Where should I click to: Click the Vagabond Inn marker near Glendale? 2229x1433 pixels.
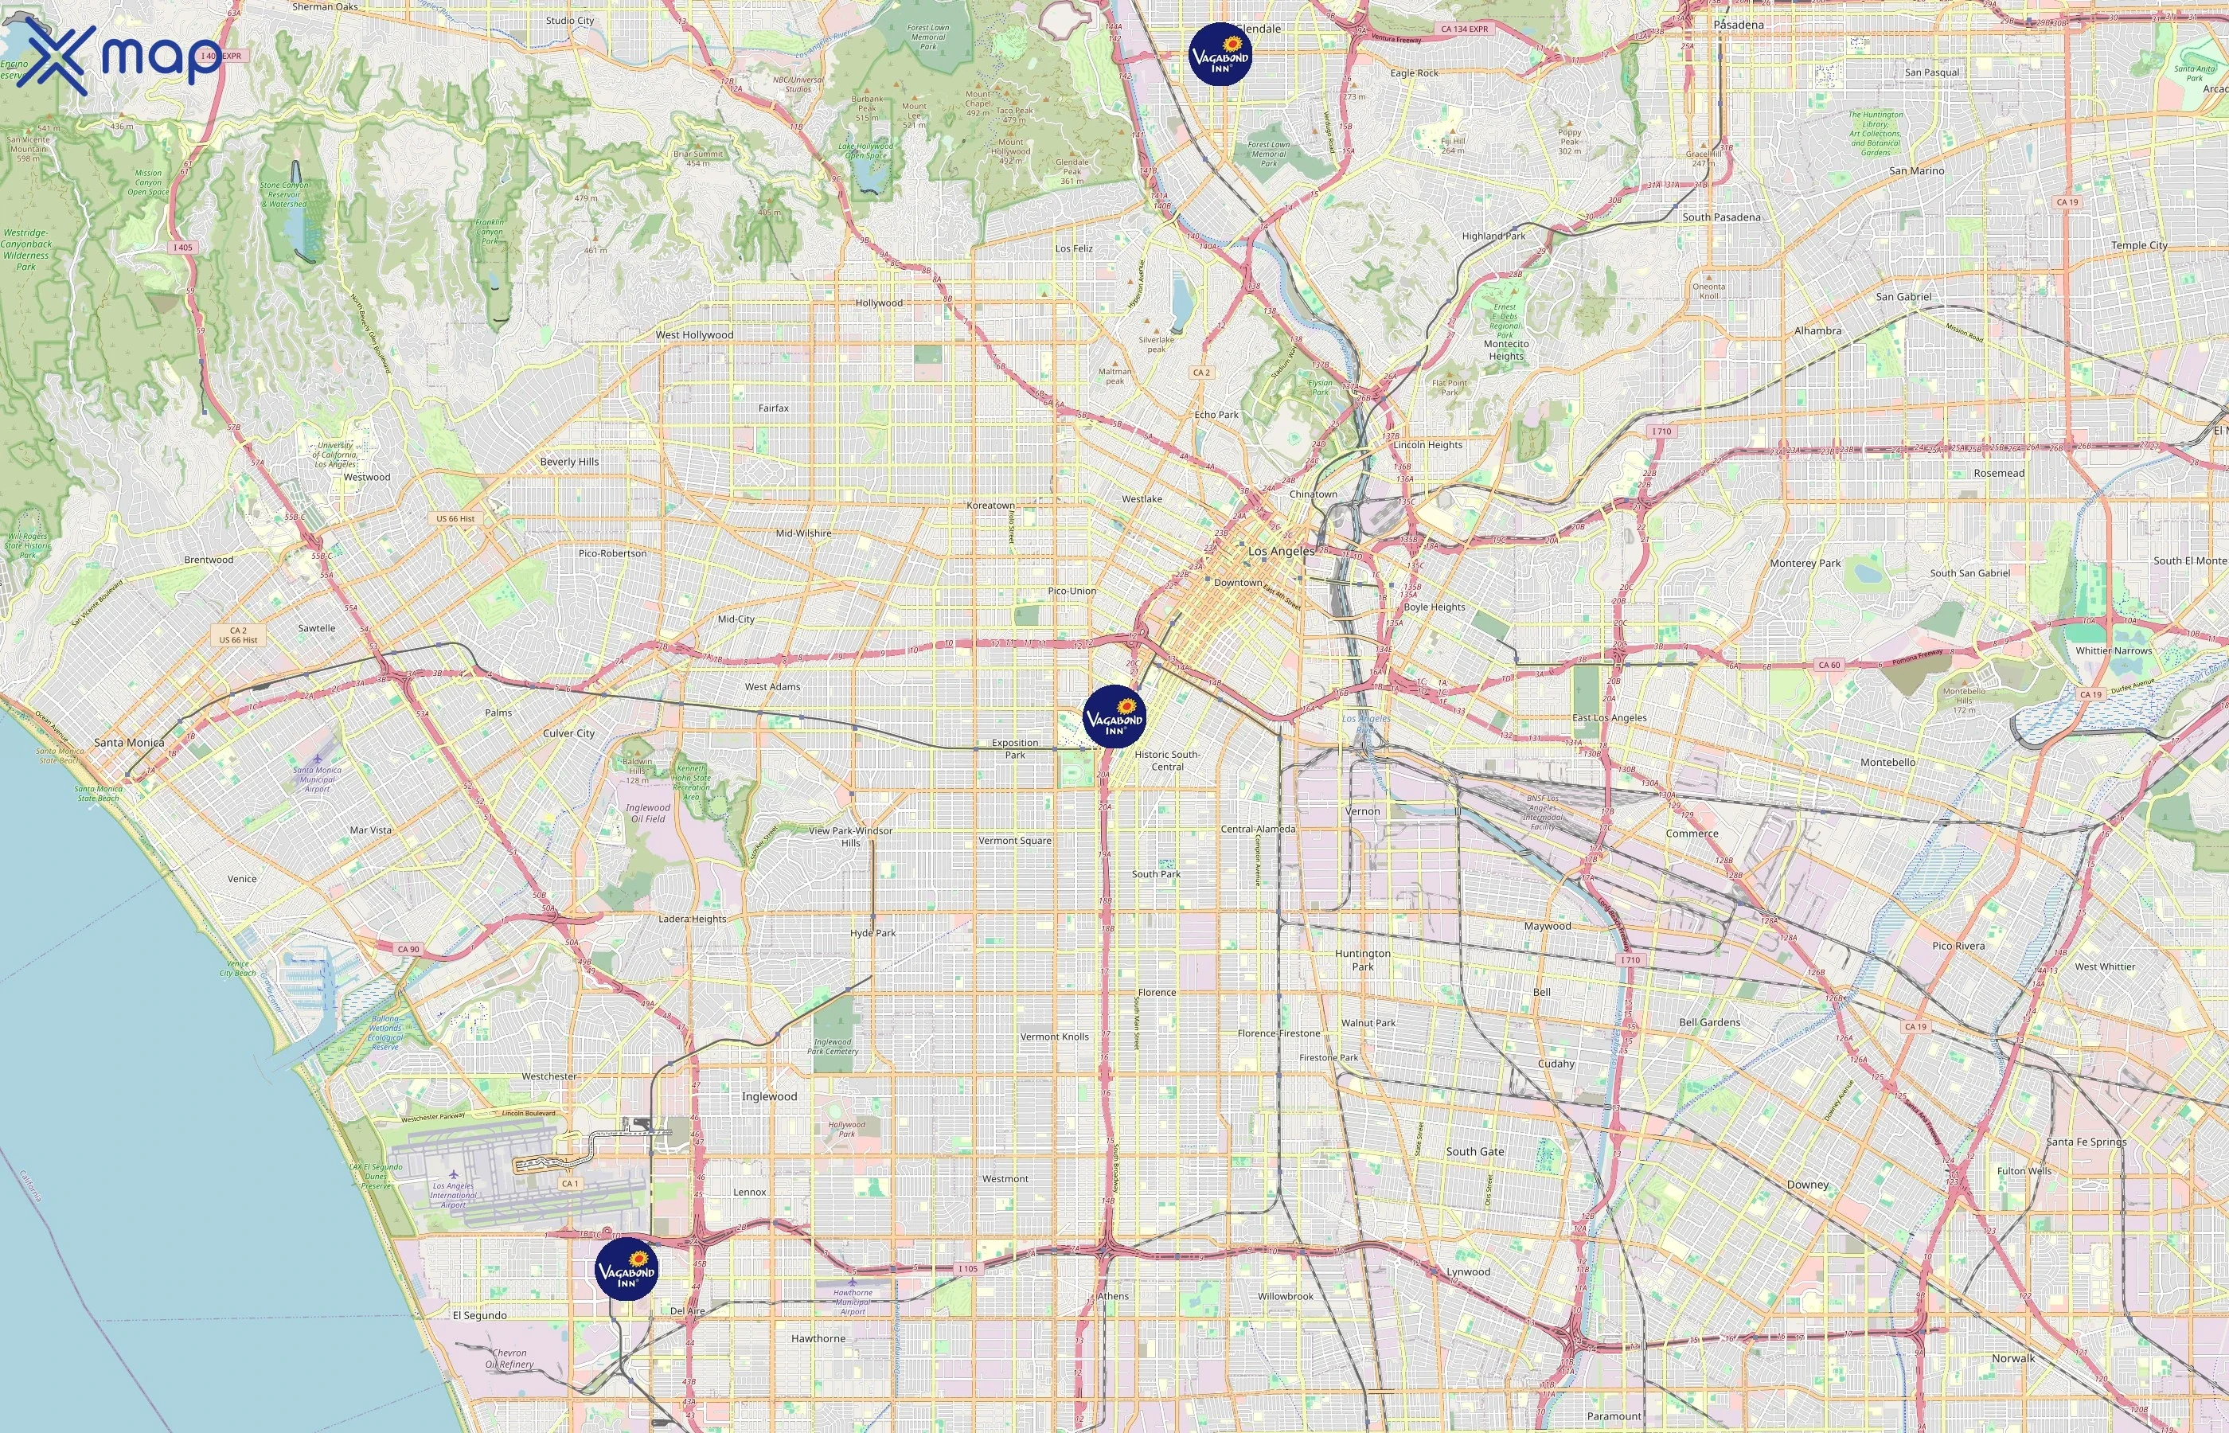point(1220,55)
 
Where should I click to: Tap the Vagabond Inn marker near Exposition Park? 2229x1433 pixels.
point(1114,716)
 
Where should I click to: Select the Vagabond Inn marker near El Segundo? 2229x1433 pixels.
point(626,1268)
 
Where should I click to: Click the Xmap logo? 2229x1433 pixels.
point(118,57)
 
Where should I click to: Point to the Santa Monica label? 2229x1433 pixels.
point(129,743)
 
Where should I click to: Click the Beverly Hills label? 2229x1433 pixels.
point(569,462)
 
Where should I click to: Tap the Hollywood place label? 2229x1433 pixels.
point(879,303)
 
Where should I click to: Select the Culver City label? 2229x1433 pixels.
point(568,733)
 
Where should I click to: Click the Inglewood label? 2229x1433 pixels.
point(769,1096)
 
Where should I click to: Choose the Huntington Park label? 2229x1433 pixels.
point(1363,959)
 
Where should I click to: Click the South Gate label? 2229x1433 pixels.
point(1474,1151)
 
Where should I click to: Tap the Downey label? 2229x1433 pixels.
point(1808,1185)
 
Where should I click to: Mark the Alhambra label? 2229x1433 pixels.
point(1817,331)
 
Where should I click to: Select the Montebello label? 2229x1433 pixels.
point(1887,762)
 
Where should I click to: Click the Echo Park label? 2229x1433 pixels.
point(1216,415)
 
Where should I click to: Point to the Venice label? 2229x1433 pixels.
point(242,878)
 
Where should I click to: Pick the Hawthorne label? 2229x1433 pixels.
point(818,1338)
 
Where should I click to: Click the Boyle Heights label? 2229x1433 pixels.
point(1434,607)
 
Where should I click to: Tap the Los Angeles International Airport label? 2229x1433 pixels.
point(453,1195)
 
